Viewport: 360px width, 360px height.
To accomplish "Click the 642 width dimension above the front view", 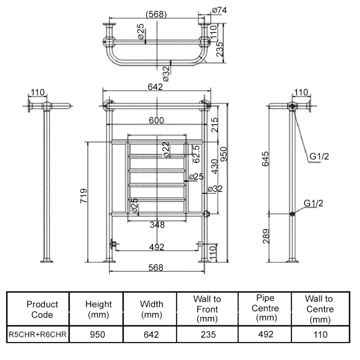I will (155, 87).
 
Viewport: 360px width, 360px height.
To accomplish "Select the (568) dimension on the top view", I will (156, 14).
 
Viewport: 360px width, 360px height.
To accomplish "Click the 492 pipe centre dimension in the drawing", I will (157, 247).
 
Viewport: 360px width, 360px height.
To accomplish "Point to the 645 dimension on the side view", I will (265, 159).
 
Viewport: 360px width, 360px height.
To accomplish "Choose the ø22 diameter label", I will (166, 149).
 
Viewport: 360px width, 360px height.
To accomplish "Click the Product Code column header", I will (42, 310).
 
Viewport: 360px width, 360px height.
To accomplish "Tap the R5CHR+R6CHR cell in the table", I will (38, 335).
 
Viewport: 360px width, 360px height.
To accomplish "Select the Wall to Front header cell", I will (207, 309).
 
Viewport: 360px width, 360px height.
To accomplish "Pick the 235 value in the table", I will (207, 335).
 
